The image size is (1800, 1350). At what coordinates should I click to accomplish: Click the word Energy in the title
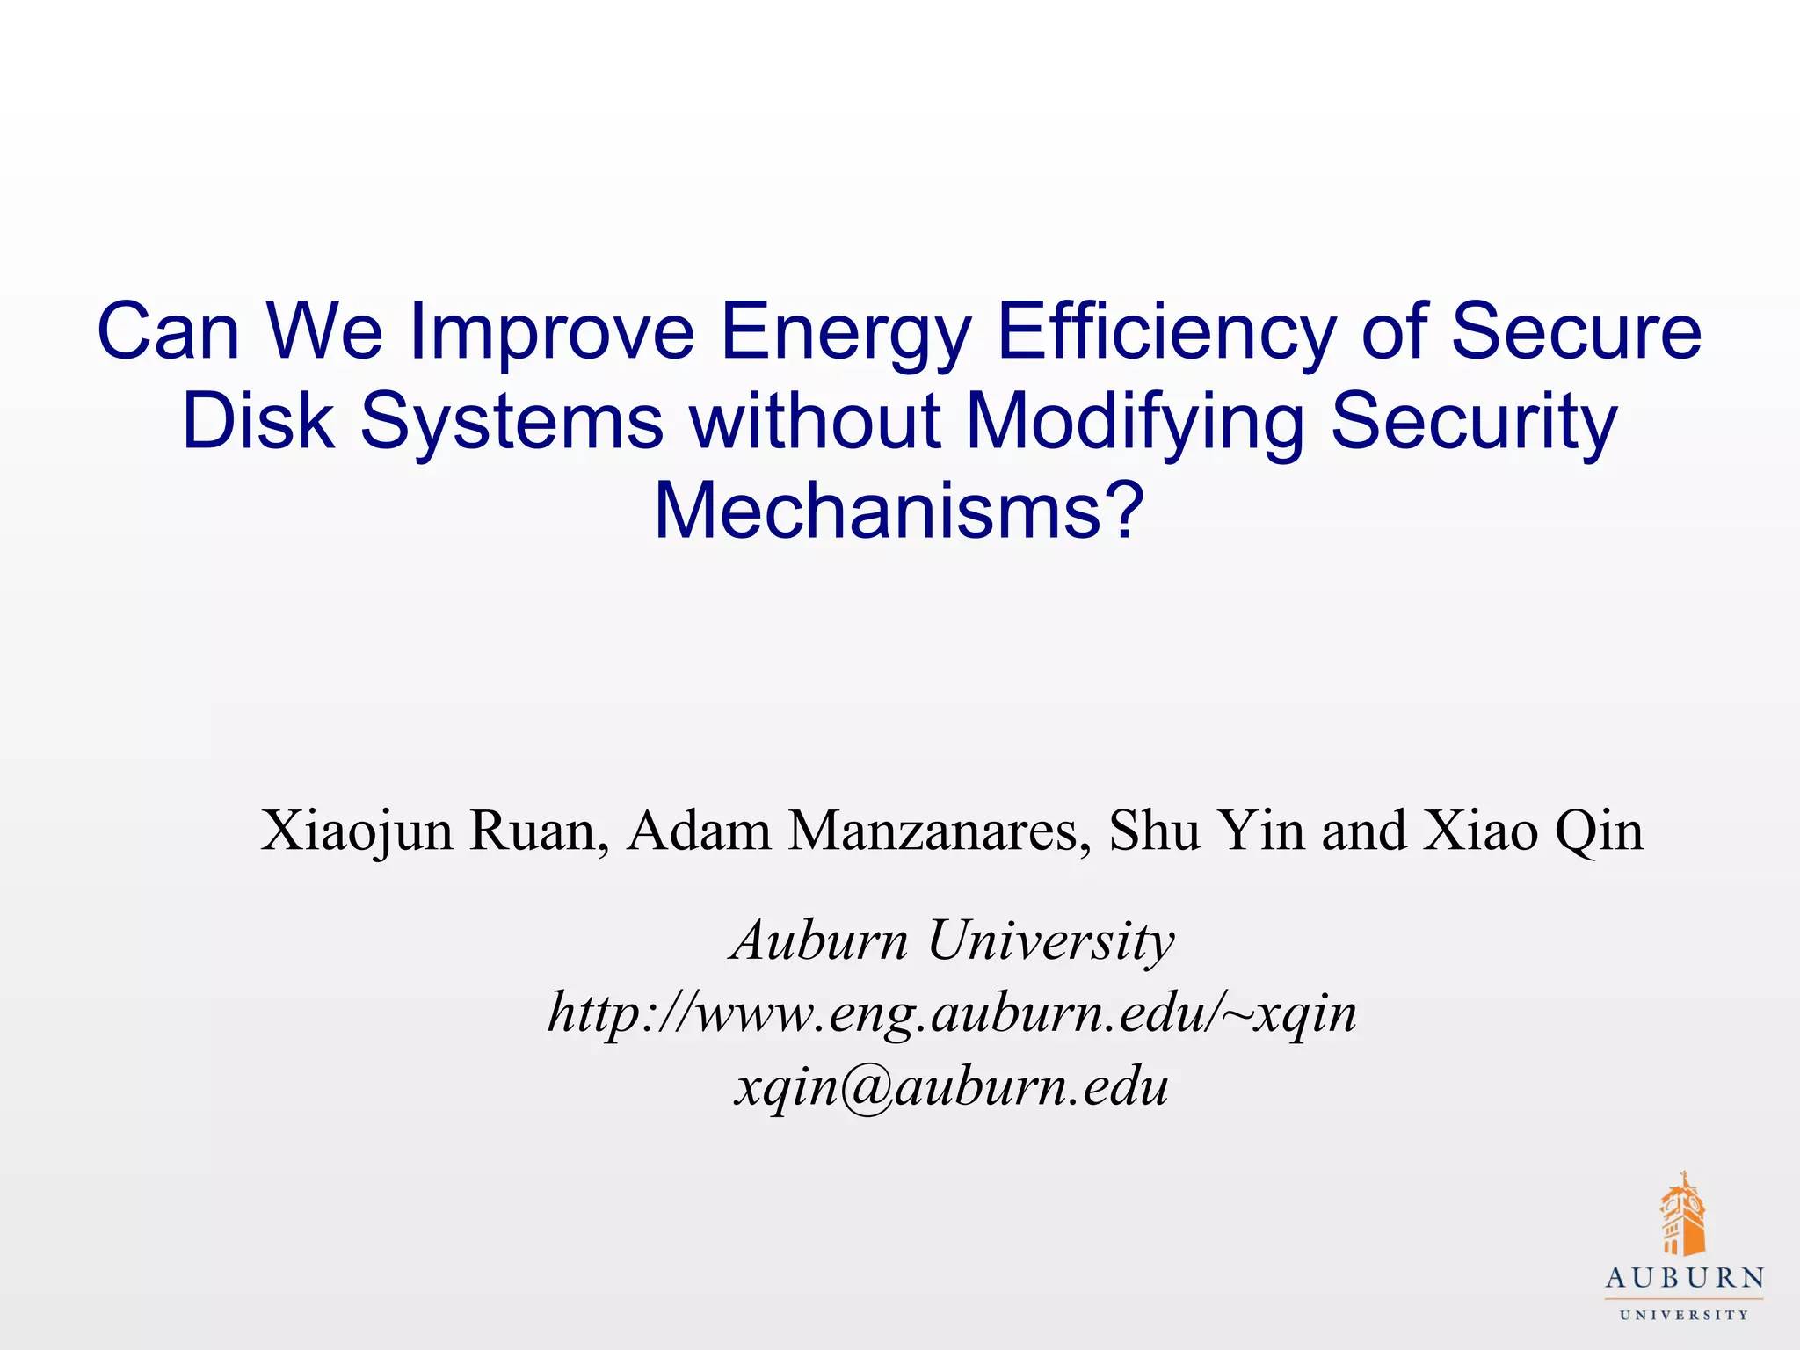846,332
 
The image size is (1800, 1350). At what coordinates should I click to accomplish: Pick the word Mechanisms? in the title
899,511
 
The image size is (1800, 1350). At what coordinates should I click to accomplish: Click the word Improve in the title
552,332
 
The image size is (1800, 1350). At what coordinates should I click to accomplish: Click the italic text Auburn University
952,940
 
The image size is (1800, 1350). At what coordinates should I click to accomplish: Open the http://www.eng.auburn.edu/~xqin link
952,1013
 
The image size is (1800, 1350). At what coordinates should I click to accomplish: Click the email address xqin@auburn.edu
952,1086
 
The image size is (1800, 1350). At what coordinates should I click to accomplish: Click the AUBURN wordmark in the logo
1684,1278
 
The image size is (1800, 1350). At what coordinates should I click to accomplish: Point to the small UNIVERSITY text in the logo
1684,1315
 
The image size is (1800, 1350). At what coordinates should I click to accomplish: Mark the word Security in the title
1473,422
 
